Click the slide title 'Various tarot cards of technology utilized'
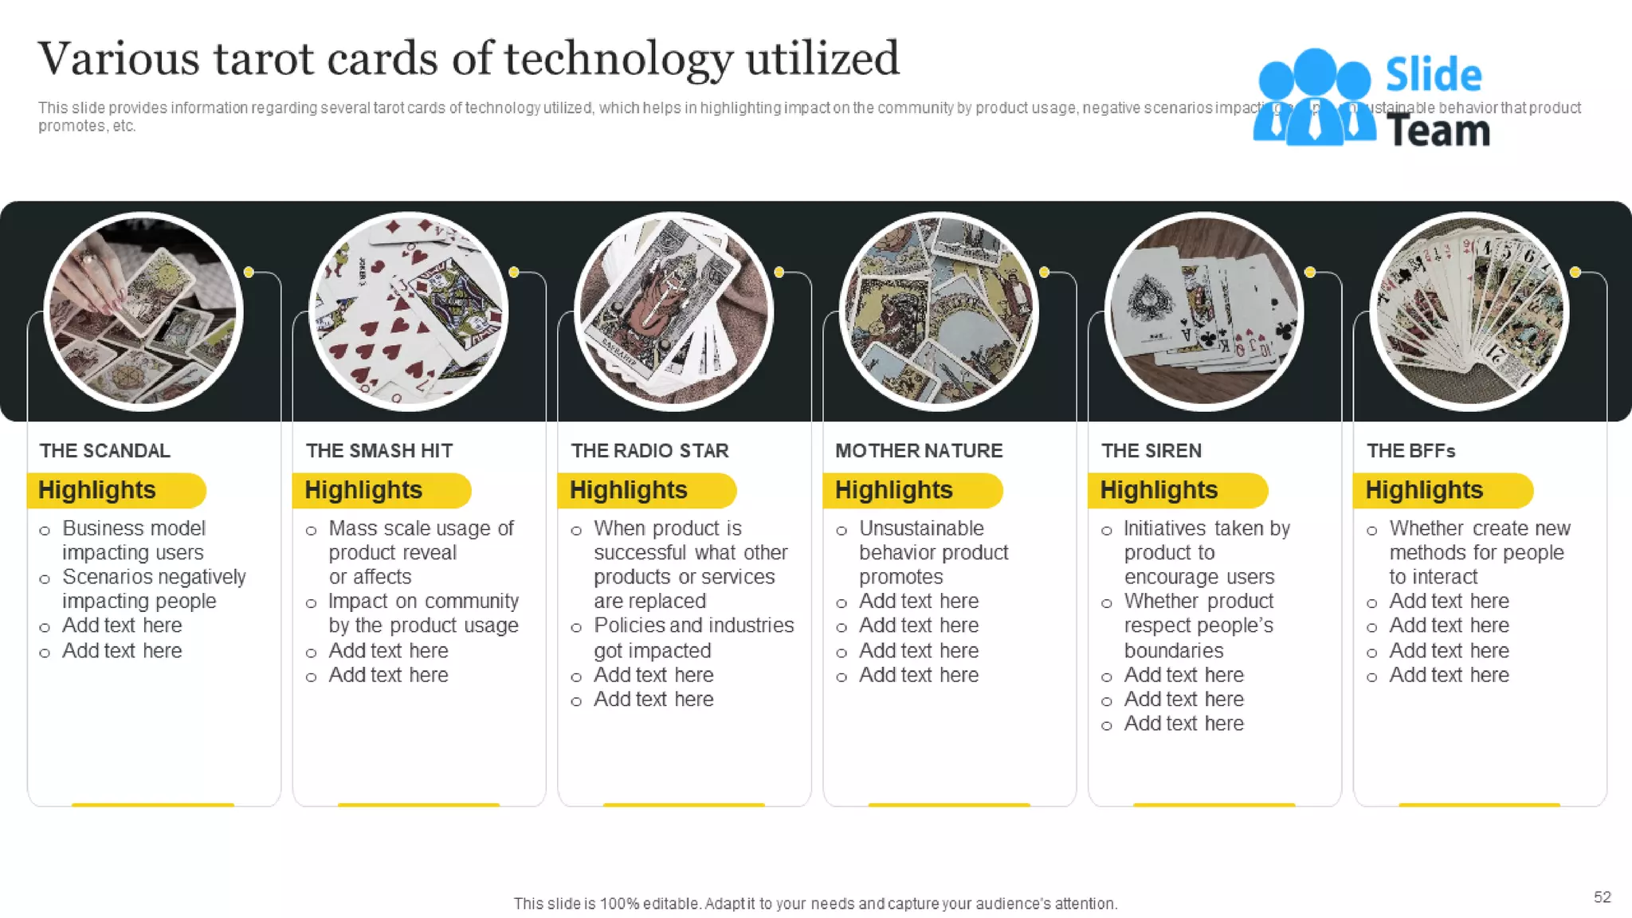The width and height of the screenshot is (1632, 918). point(469,59)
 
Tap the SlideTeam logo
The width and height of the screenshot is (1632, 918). point(1371,100)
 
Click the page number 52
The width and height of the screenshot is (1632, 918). point(1602,897)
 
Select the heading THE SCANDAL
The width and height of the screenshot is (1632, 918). point(105,451)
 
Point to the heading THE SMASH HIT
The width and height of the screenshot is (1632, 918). point(379,451)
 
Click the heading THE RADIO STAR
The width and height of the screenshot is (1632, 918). point(649,451)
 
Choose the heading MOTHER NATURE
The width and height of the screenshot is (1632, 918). point(919,451)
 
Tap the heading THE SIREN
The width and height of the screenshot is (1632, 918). point(1151,451)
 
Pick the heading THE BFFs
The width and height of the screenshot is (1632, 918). point(1411,451)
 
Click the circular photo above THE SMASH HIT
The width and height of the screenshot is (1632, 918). point(409,312)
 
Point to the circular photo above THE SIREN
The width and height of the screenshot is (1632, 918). point(1204,312)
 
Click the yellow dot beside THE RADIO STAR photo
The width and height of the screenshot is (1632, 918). point(779,273)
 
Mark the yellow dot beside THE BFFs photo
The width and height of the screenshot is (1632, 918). point(1575,273)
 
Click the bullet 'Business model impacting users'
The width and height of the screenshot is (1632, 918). point(134,540)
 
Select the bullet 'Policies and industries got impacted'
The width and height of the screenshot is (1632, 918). point(693,637)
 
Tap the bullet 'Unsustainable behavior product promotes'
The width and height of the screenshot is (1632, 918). point(933,552)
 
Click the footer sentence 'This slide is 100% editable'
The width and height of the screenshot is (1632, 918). point(815,904)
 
